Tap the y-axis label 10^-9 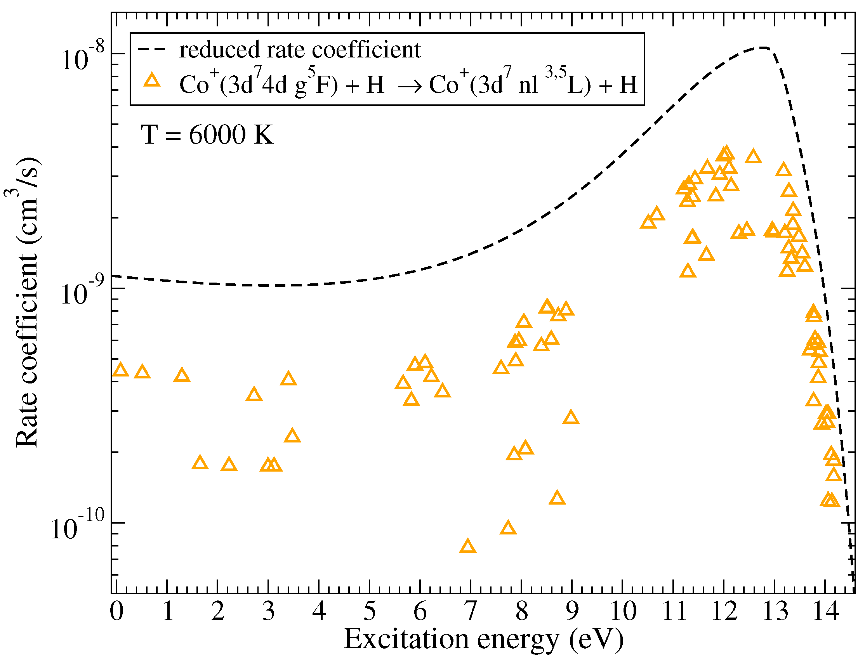(83, 292)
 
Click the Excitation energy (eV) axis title (484, 640)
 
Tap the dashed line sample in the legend (152, 49)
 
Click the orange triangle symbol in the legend (152, 81)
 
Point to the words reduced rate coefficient (300, 50)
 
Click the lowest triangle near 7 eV (467, 547)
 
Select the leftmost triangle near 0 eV (120, 370)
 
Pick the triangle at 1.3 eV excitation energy (182, 376)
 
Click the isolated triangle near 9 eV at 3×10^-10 (571, 418)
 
